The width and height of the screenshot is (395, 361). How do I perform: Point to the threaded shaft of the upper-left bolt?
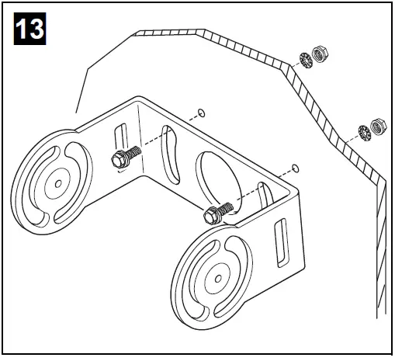[x=133, y=152]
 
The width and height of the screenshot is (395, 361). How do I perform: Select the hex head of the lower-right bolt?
[x=210, y=217]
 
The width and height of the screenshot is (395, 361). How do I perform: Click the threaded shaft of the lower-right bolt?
[x=225, y=209]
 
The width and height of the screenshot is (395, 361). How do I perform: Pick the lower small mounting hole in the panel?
[x=295, y=166]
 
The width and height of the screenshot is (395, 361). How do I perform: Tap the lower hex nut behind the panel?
[x=379, y=124]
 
